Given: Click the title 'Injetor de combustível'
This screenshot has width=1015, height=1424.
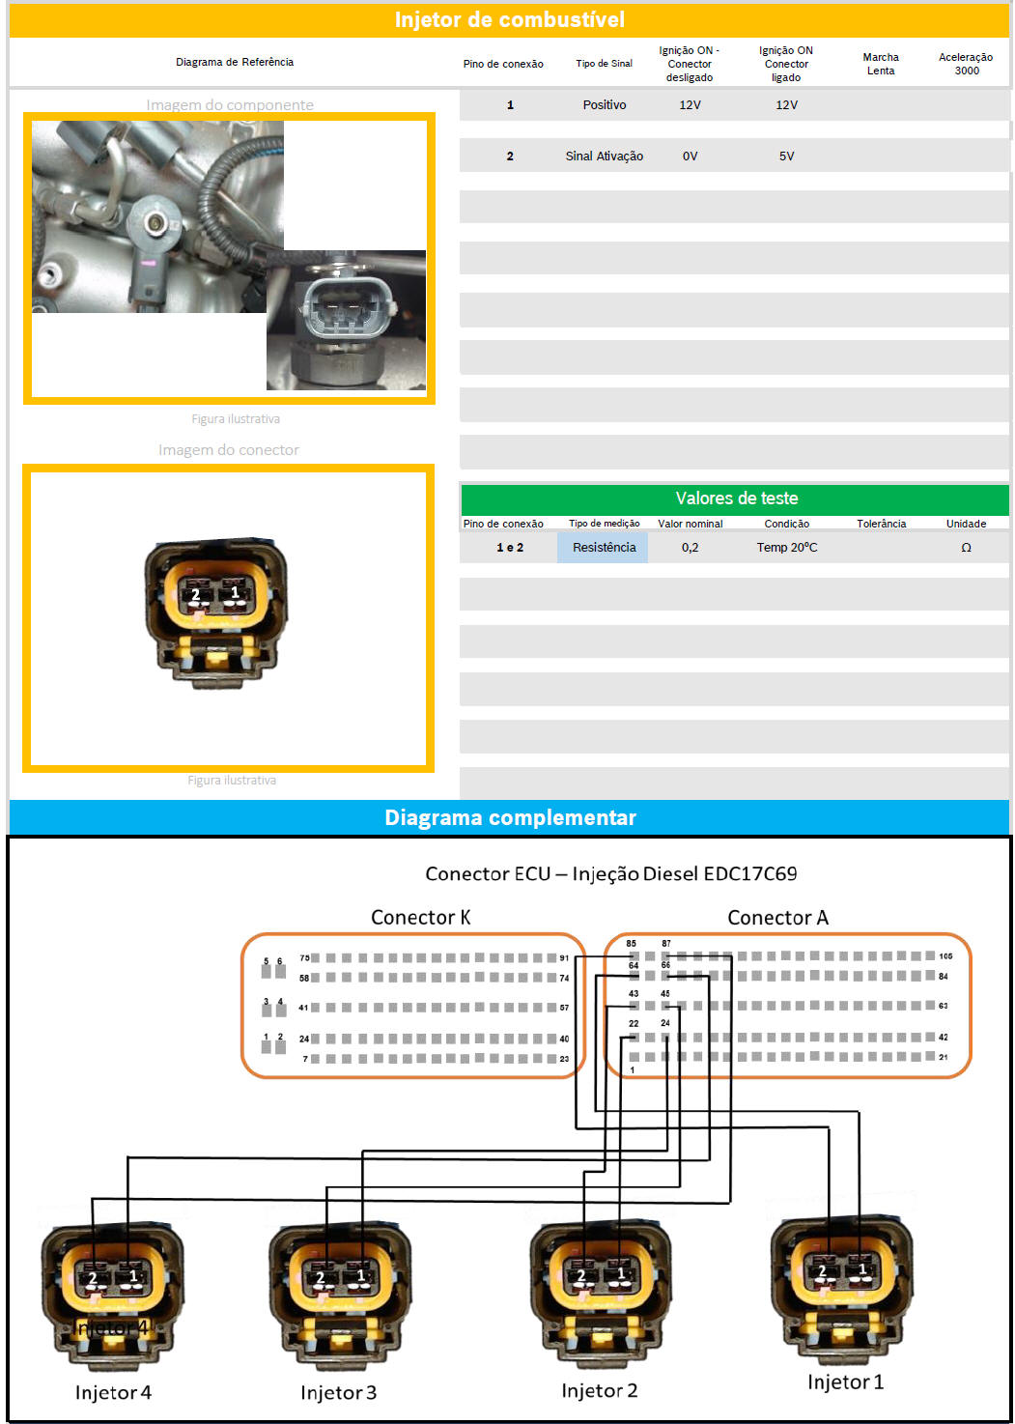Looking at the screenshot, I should (509, 19).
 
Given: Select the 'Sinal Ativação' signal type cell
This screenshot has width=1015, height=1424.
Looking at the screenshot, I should (604, 156).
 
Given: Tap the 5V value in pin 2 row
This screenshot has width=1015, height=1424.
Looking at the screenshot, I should (786, 156).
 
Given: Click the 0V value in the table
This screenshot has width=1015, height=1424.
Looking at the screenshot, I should (690, 156).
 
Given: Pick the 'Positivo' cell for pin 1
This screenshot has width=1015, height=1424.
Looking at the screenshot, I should (604, 104).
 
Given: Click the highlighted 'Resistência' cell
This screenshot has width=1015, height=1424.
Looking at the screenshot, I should (604, 547).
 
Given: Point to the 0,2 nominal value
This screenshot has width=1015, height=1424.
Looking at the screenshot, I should (690, 547).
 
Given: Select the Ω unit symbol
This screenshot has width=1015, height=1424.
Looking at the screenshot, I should (966, 548).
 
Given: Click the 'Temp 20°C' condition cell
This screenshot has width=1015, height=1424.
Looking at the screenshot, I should (786, 547).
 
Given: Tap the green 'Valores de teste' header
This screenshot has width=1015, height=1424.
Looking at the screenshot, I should (736, 498).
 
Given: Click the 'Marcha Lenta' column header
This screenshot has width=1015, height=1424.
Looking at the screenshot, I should (880, 64).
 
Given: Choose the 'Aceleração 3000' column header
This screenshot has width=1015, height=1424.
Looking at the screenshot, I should (966, 64).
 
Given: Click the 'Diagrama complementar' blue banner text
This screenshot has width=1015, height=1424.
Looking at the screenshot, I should (510, 817).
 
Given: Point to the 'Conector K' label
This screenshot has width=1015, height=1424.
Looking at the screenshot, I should (420, 917).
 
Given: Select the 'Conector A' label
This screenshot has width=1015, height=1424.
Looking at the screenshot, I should (777, 917).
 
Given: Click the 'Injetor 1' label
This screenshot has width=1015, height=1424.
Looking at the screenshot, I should (845, 1381).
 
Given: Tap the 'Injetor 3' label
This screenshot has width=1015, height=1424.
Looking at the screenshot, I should (338, 1392).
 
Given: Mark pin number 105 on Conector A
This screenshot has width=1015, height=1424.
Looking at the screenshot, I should (945, 956).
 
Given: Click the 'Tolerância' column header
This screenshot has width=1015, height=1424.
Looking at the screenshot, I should (881, 524).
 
